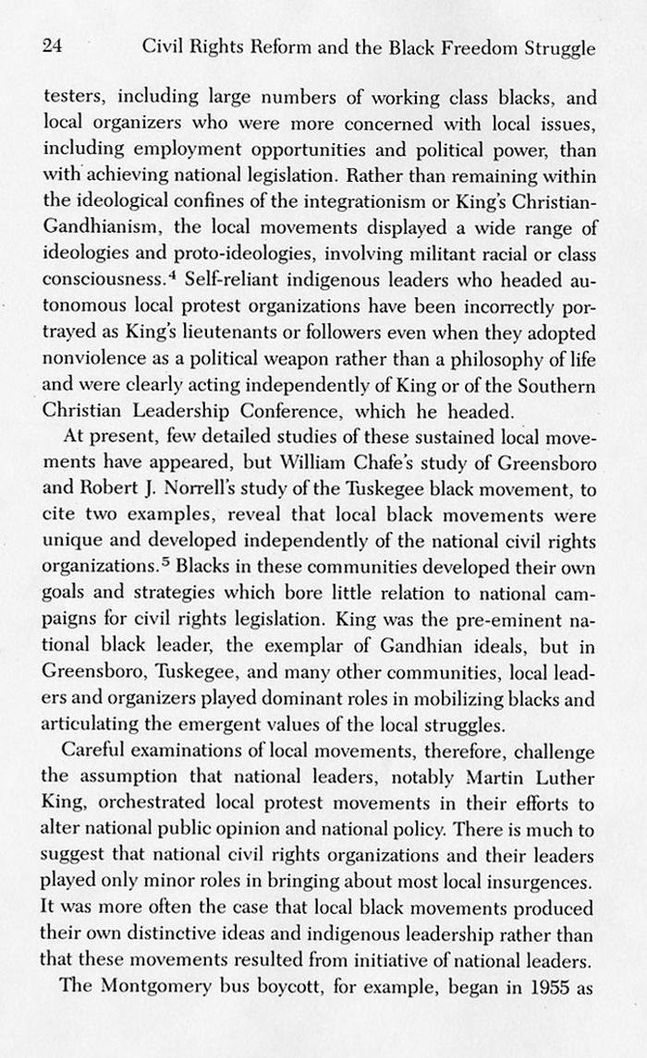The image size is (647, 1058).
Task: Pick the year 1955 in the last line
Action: pos(568,984)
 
